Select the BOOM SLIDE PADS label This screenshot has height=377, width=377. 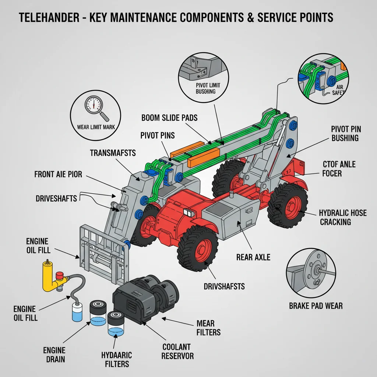click(169, 118)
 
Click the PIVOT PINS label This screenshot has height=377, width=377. click(158, 135)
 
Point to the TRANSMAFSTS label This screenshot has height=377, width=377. click(113, 152)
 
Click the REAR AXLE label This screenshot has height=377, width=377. click(253, 257)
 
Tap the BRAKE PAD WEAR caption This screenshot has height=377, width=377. click(316, 306)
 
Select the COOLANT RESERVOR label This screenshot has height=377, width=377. click(176, 351)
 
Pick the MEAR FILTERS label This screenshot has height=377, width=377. click(208, 328)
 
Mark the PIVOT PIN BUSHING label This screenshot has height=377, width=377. click(346, 133)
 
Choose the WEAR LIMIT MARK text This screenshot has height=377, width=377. click(96, 127)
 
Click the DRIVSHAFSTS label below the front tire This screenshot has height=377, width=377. click(219, 286)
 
